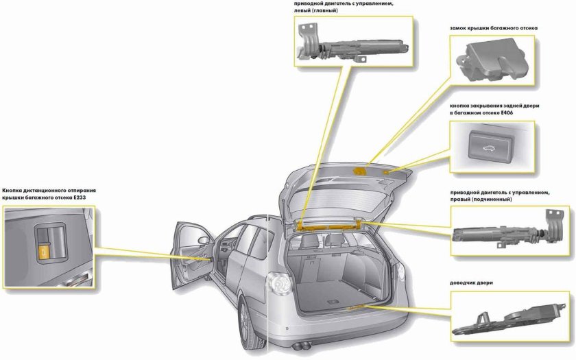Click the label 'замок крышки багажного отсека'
point(493,28)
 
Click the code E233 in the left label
point(86,197)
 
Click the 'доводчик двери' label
point(472,283)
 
